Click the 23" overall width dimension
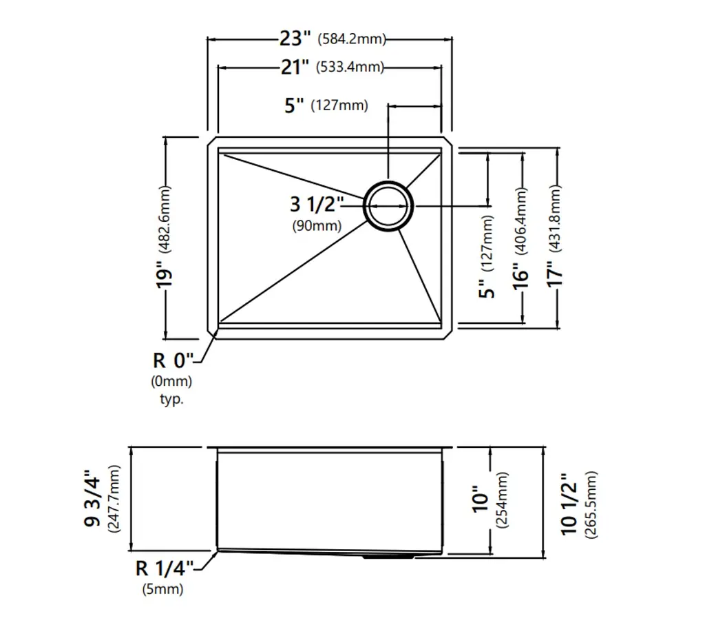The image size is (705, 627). [x=295, y=39]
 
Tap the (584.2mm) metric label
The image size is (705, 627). [x=352, y=39]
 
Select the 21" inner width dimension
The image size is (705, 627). [x=295, y=67]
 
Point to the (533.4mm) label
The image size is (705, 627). [x=350, y=67]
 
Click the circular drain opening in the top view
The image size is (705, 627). [x=388, y=206]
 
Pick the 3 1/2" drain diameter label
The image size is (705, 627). [x=317, y=204]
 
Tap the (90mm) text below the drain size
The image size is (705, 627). [x=317, y=225]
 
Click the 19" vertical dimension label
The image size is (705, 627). [x=164, y=278]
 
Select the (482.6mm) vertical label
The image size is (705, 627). [x=165, y=220]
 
